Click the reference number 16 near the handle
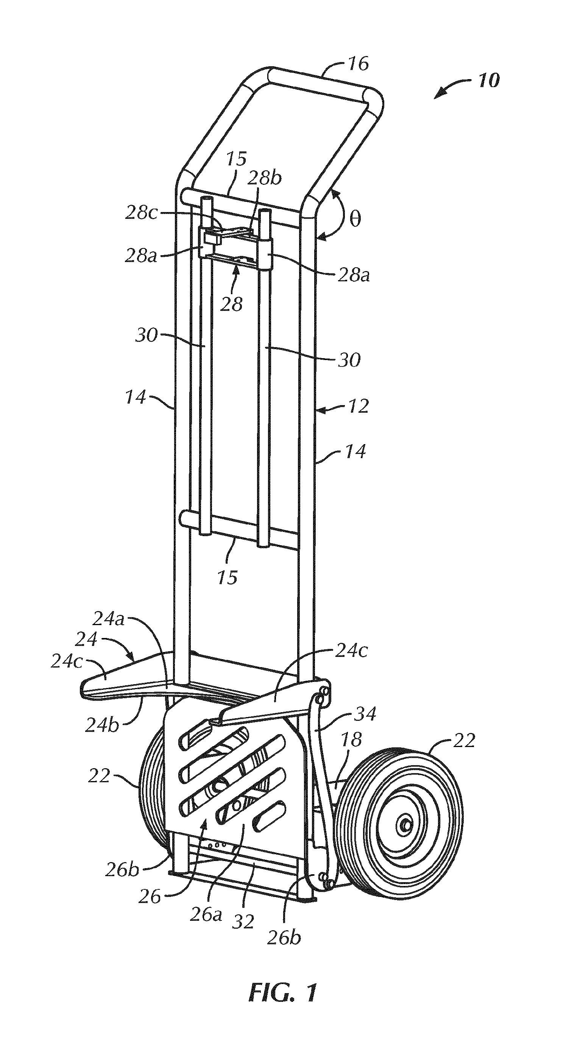[x=359, y=64]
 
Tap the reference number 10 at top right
[x=489, y=80]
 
